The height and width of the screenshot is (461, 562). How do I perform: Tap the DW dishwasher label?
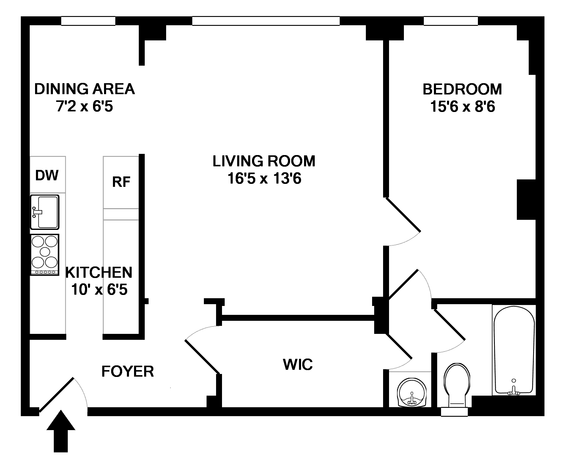coord(47,175)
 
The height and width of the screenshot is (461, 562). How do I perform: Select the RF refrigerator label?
coord(121,182)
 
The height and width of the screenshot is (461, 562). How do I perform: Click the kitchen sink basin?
coord(45,212)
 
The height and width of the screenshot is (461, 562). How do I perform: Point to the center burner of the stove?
coord(45,252)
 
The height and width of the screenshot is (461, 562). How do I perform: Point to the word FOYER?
coord(128,371)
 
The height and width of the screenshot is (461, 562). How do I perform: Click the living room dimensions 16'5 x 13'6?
coord(265,179)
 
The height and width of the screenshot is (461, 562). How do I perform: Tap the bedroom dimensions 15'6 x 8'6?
coord(463,107)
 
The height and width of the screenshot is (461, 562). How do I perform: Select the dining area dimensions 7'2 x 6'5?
coord(85,106)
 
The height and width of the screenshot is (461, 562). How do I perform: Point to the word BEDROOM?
coord(462,89)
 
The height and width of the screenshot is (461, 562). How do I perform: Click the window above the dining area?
coord(88,21)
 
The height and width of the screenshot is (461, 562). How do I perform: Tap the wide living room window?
coord(266,21)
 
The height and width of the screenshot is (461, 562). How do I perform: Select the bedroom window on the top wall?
coord(451,21)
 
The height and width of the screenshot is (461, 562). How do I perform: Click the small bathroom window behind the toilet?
coord(454,411)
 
